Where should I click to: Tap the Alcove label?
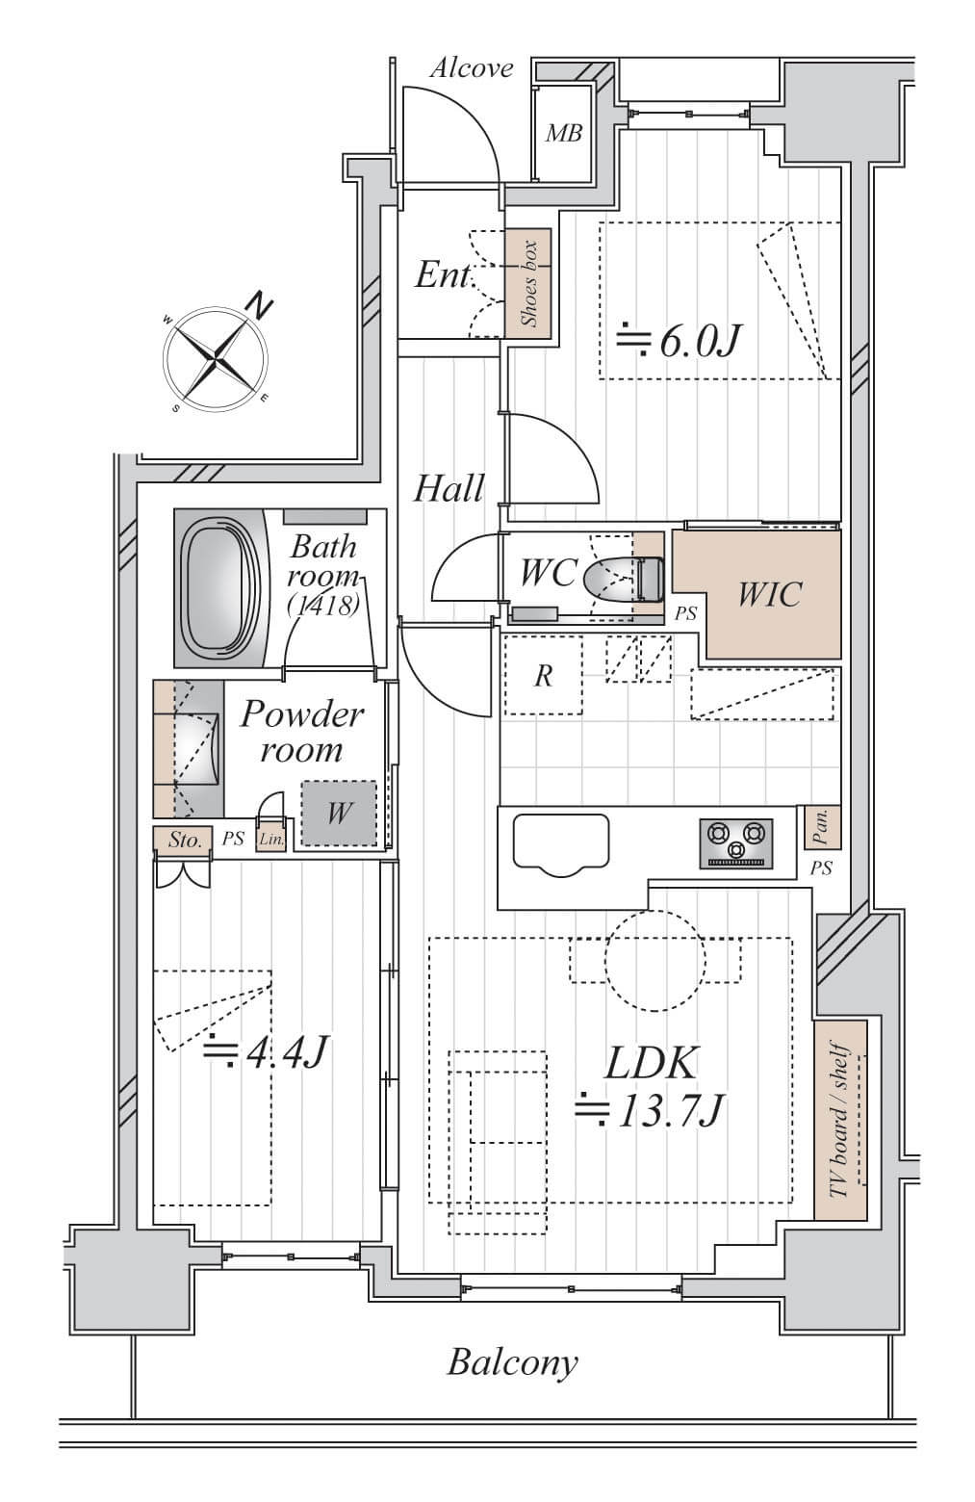pyautogui.click(x=471, y=68)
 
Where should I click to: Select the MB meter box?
pyautogui.click(x=564, y=134)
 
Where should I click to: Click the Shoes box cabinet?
pyautogui.click(x=528, y=283)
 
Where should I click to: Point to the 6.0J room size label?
pyautogui.click(x=680, y=340)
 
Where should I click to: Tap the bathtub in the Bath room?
pyautogui.click(x=222, y=587)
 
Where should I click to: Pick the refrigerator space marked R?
pyautogui.click(x=543, y=676)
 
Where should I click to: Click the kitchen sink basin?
pyautogui.click(x=561, y=843)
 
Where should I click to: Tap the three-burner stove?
pyautogui.click(x=736, y=842)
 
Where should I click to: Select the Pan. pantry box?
pyautogui.click(x=822, y=827)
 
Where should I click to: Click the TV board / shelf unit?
pyautogui.click(x=840, y=1121)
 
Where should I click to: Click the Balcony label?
pyautogui.click(x=512, y=1363)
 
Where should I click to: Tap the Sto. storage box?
pyautogui.click(x=183, y=840)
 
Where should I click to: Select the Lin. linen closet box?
pyautogui.click(x=271, y=840)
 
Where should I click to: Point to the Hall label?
pyautogui.click(x=449, y=489)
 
